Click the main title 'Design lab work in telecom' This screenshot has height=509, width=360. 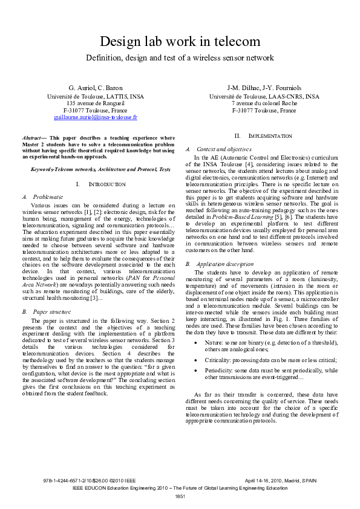click(x=180, y=42)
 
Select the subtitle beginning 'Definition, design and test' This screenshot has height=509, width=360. click(x=180, y=58)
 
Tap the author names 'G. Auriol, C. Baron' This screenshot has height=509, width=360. click(x=96, y=88)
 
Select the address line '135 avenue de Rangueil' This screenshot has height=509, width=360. click(x=96, y=103)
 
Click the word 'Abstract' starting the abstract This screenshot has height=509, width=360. click(x=31, y=138)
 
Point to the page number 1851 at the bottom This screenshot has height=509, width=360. click(x=180, y=496)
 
